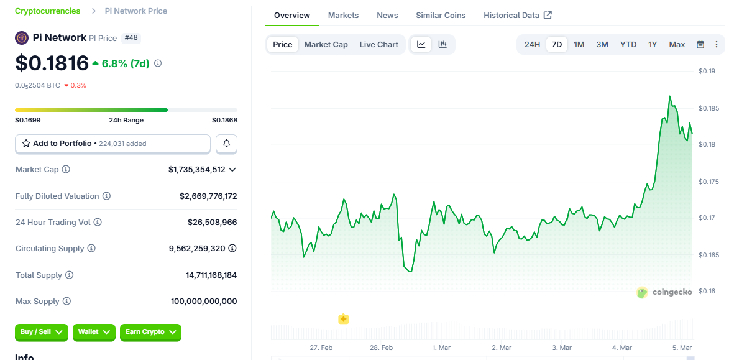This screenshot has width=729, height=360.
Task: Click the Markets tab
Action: tap(343, 15)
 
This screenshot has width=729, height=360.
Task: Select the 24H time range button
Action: tap(532, 44)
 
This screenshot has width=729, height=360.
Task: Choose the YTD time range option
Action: tap(628, 44)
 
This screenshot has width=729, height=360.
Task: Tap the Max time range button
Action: tap(677, 44)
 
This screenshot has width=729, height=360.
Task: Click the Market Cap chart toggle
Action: tap(326, 44)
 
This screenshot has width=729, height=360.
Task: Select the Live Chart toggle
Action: tap(378, 44)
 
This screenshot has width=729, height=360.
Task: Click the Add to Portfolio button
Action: tap(112, 144)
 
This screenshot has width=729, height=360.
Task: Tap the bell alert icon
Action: tap(226, 144)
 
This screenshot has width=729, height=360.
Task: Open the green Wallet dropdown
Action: tap(94, 332)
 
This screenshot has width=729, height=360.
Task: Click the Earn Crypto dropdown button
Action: tap(150, 332)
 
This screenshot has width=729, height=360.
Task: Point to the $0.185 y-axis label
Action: tap(709, 109)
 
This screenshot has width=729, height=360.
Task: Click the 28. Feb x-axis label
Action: tap(381, 348)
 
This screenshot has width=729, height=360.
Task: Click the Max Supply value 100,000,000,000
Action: tap(204, 302)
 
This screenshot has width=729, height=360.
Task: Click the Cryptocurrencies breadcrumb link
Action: tap(48, 11)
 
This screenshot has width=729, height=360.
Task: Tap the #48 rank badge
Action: tap(131, 38)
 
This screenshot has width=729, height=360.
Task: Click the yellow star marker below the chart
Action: tap(343, 319)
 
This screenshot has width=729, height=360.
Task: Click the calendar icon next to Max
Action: tap(700, 44)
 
